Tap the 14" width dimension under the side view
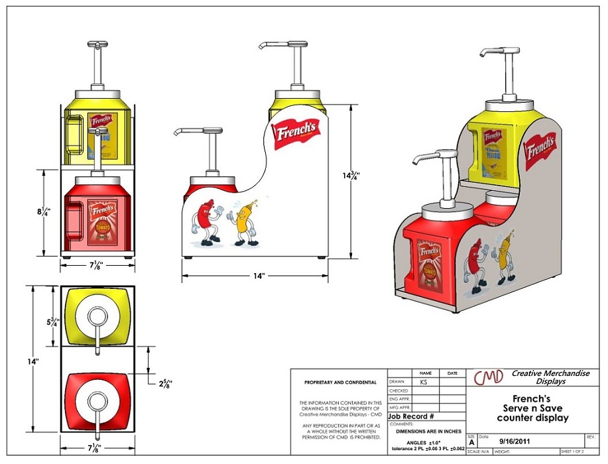[255, 276]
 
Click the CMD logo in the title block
[488, 377]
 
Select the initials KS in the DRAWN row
[424, 382]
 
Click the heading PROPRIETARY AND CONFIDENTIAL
[340, 382]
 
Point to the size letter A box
[471, 441]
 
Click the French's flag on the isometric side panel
[540, 150]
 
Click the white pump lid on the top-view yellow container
[97, 318]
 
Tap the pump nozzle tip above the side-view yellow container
[261, 48]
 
